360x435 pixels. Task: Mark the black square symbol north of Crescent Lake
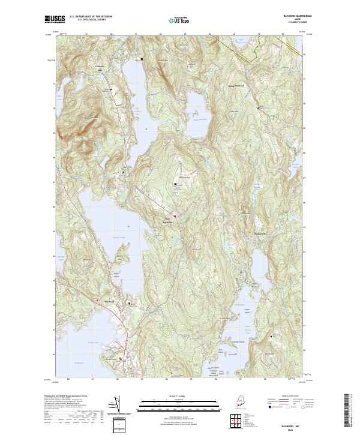tap(142, 59)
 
